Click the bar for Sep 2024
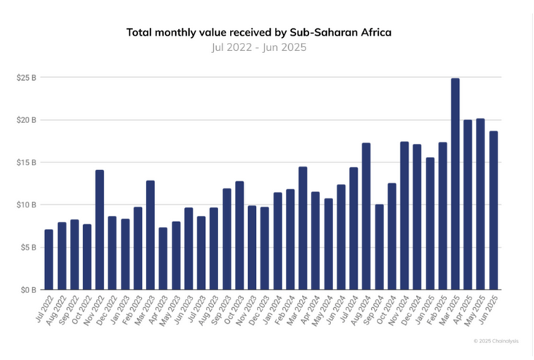click(x=379, y=247)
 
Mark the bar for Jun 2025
click(x=493, y=210)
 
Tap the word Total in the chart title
click(x=140, y=33)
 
